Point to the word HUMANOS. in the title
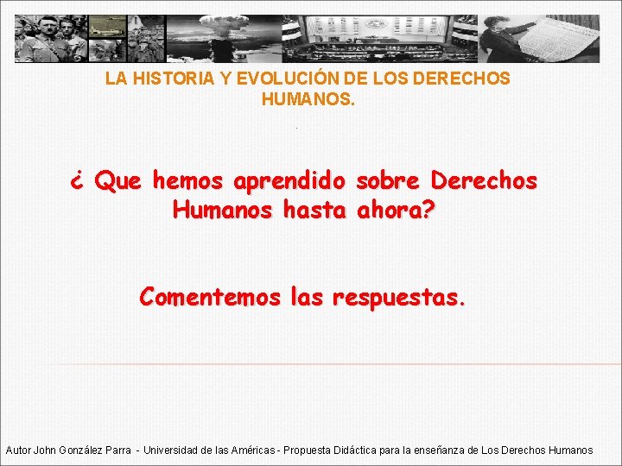point(308,99)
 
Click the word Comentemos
point(210,298)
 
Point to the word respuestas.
point(399,299)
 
